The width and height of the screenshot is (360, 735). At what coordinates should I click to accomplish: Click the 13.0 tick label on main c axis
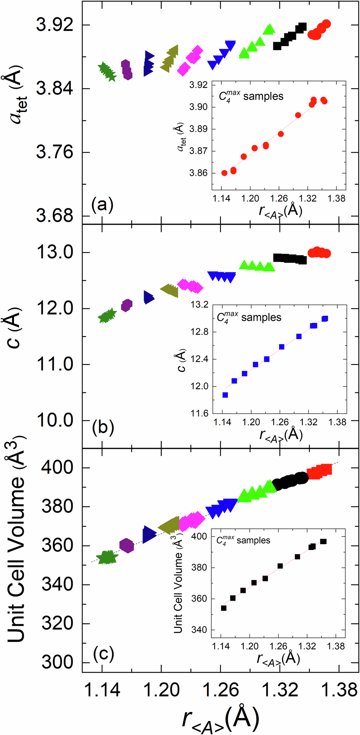tap(55, 252)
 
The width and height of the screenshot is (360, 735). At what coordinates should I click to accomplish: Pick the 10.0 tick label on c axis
tap(55, 420)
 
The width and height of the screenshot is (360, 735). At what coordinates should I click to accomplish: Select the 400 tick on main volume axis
tap(57, 468)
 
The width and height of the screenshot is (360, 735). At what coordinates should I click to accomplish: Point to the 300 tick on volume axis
tap(57, 662)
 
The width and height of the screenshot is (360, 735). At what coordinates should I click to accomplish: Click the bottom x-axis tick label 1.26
tap(221, 690)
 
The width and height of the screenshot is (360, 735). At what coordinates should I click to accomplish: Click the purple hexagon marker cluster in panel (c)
tap(126, 546)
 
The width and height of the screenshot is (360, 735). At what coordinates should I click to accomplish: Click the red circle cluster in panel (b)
tap(319, 253)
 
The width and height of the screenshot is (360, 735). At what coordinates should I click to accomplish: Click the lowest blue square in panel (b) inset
tap(225, 395)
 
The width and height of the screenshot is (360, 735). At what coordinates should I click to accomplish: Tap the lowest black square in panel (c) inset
tap(224, 608)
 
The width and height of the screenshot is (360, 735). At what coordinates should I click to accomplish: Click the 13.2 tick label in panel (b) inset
tap(199, 305)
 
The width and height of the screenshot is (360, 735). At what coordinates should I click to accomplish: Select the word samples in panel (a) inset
tap(263, 96)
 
